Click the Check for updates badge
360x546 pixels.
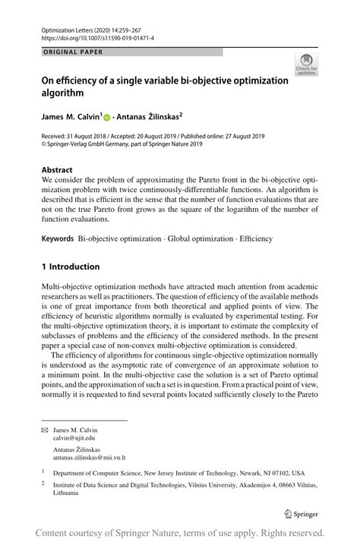308,65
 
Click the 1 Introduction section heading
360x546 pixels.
71,267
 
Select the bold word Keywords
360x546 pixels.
58,238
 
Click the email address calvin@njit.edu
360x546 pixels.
74,438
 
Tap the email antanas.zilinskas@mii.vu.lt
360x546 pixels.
89,457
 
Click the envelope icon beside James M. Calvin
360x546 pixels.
45,430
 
